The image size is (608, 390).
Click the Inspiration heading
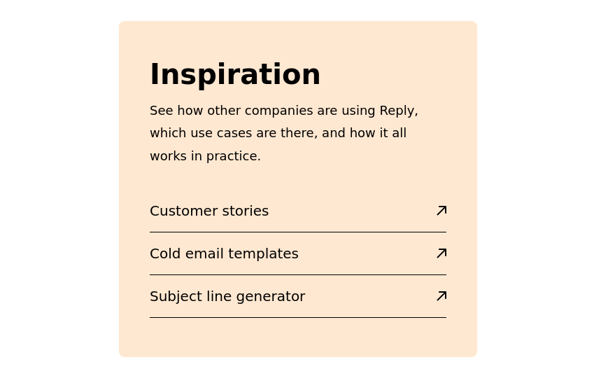[x=235, y=74]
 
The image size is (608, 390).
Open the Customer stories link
[x=209, y=211]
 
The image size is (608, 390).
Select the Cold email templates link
[x=224, y=253]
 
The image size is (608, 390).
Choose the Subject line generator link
[x=227, y=296]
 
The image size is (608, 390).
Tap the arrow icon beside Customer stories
[x=441, y=210]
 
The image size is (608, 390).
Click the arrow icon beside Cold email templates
[x=441, y=253]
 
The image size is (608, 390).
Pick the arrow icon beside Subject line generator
[x=441, y=295]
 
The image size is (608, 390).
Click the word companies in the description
[x=278, y=111]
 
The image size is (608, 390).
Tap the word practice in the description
[x=233, y=156]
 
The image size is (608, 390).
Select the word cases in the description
[x=234, y=133]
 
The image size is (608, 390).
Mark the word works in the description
[x=168, y=156]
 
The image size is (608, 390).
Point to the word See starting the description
[x=161, y=111]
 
